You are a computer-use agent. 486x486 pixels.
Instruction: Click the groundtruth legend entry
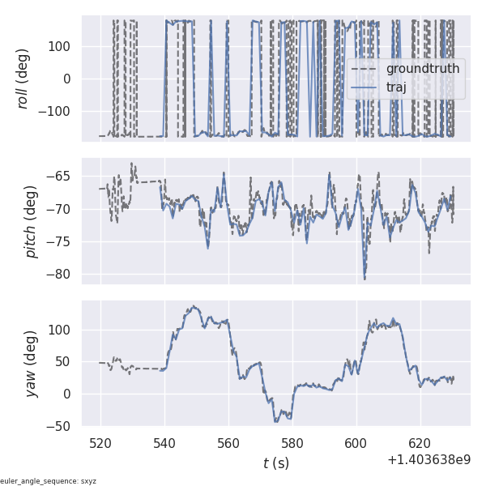click(x=422, y=69)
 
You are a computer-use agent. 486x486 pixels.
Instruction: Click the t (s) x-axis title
click(x=276, y=463)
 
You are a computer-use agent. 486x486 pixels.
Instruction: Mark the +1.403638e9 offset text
click(x=428, y=459)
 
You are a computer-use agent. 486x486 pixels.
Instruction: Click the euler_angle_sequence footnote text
click(x=49, y=481)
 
